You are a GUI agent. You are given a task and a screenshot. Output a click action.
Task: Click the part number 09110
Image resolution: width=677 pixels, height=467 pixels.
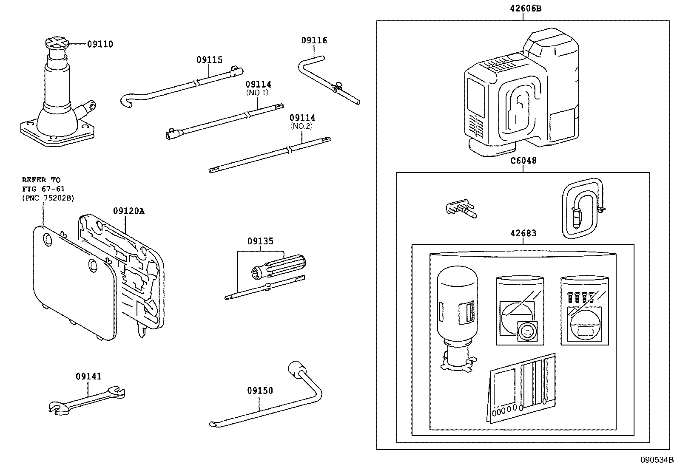click(x=100, y=44)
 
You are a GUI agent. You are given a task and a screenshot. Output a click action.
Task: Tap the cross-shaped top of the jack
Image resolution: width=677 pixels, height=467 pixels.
click(x=57, y=43)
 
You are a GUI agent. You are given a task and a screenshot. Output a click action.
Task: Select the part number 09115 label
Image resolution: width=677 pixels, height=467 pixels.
click(x=210, y=59)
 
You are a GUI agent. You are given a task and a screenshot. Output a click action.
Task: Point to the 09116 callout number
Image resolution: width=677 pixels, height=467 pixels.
click(x=314, y=40)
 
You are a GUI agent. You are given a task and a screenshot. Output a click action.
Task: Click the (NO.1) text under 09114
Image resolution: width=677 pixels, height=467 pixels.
click(x=257, y=93)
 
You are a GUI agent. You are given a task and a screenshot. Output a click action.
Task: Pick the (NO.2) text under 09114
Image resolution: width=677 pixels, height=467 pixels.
click(x=302, y=126)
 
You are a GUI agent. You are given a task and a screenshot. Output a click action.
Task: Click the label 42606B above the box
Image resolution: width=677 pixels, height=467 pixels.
click(x=526, y=8)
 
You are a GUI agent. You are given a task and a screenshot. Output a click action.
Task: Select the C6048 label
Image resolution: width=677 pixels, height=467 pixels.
click(x=523, y=160)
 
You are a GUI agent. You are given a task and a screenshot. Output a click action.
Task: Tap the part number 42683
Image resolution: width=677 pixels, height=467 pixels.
click(x=523, y=233)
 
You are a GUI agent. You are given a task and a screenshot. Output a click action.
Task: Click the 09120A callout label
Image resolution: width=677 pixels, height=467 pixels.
click(x=129, y=211)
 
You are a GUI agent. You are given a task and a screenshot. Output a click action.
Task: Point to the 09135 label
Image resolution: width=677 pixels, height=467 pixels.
click(x=261, y=241)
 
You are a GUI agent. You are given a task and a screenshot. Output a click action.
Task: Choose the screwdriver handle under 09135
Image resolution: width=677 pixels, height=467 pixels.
click(x=279, y=266)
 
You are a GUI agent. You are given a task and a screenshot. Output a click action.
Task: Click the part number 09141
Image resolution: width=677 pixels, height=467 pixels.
click(x=88, y=376)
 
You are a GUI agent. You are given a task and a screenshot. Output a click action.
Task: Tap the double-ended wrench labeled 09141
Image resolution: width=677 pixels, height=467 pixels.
click(x=87, y=401)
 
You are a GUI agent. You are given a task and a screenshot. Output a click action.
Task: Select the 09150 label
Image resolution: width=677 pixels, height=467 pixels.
click(x=260, y=391)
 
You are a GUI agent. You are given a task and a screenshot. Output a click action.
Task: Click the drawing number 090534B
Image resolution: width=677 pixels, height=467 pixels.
click(x=657, y=459)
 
